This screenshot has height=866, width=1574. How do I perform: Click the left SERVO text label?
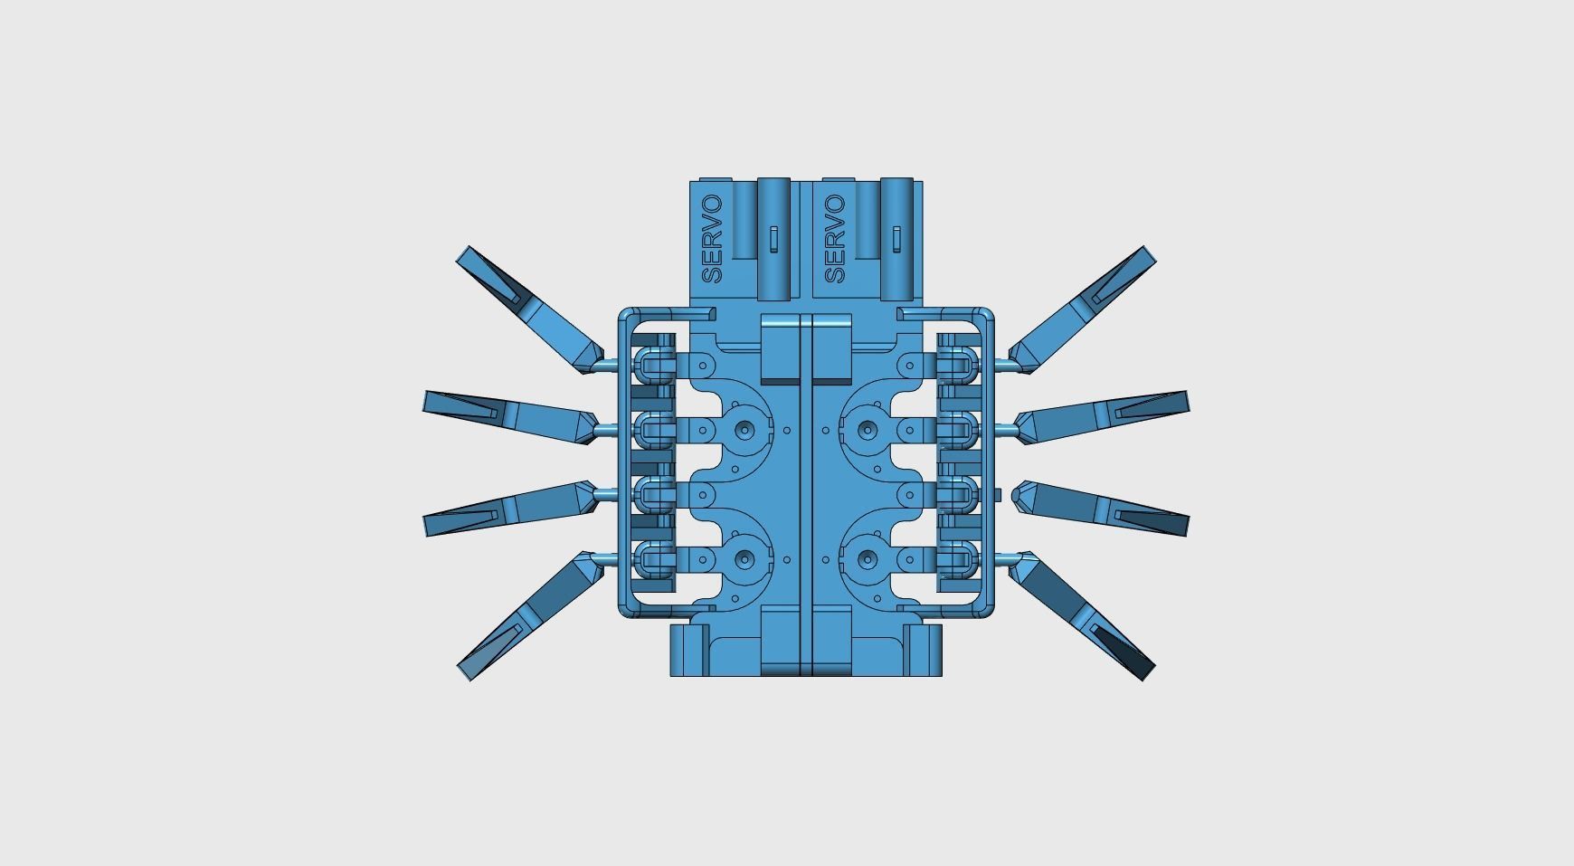(x=712, y=239)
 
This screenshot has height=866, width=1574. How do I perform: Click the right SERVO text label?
(x=835, y=239)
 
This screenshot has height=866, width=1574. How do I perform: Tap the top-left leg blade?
(x=526, y=308)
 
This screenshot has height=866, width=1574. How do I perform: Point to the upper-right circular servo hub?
(x=867, y=430)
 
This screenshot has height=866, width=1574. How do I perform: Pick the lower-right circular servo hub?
(x=867, y=559)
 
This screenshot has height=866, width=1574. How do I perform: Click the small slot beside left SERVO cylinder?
(x=774, y=239)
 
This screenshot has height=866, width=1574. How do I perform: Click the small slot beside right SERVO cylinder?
(x=896, y=239)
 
